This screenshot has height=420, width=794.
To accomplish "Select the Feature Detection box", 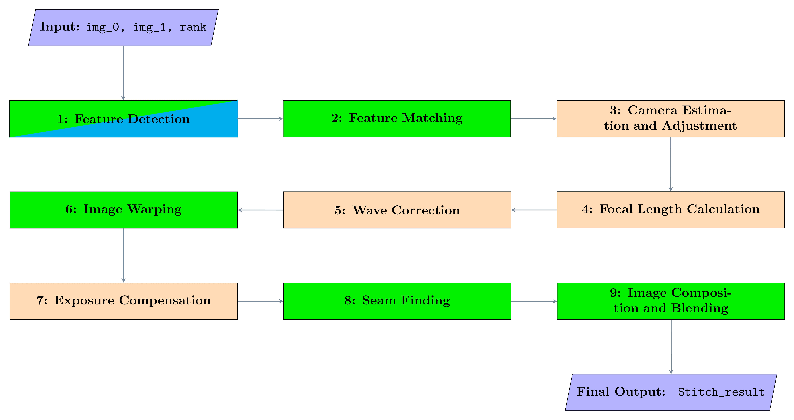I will click(123, 119).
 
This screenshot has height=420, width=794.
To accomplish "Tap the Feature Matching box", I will click(397, 119).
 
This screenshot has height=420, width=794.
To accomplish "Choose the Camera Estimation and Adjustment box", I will click(670, 119).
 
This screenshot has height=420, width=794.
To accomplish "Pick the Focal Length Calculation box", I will click(670, 210).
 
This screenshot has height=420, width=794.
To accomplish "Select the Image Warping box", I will click(123, 210).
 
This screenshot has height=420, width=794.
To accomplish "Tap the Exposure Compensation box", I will click(123, 301).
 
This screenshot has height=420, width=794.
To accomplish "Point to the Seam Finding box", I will click(397, 301).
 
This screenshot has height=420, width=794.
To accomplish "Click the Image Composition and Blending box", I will click(671, 301).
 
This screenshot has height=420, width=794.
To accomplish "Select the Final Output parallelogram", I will click(671, 392).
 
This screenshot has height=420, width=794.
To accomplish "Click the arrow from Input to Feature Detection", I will click(123, 72).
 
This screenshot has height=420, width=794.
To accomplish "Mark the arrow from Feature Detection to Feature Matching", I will click(260, 119).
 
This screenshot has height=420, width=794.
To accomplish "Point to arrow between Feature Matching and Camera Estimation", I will click(534, 119).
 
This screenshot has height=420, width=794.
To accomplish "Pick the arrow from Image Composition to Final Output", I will click(671, 346).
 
